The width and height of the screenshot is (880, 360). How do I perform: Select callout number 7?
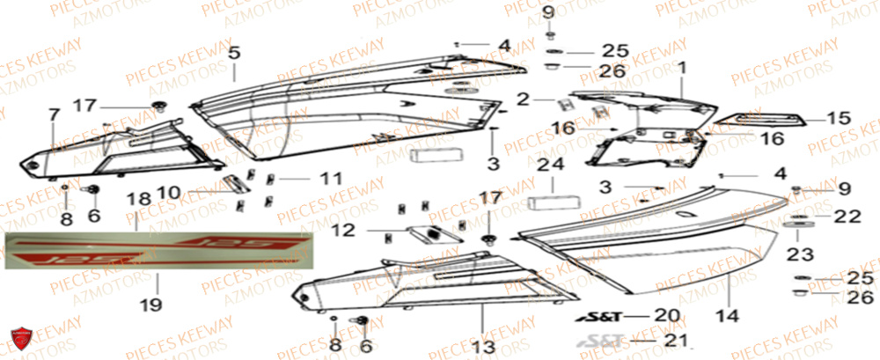coord(54,116)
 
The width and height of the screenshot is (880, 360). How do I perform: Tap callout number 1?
coord(682,67)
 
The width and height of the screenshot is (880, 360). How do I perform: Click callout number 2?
coord(522,99)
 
